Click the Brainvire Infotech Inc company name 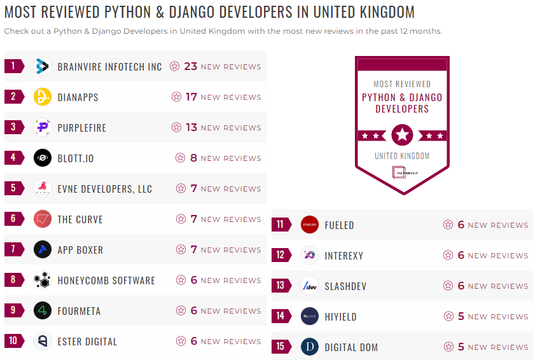109,67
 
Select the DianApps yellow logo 43,97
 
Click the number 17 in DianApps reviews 191,97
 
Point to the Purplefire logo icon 43,127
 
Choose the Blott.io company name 76,158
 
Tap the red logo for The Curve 43,219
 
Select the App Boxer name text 80,250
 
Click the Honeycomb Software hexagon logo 43,280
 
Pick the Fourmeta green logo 43,310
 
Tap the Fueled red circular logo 310,225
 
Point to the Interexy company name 343,256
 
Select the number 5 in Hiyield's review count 461,316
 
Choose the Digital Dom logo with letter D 310,347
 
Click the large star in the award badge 402,135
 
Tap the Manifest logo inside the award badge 402,172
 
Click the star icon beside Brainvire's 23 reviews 175,66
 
